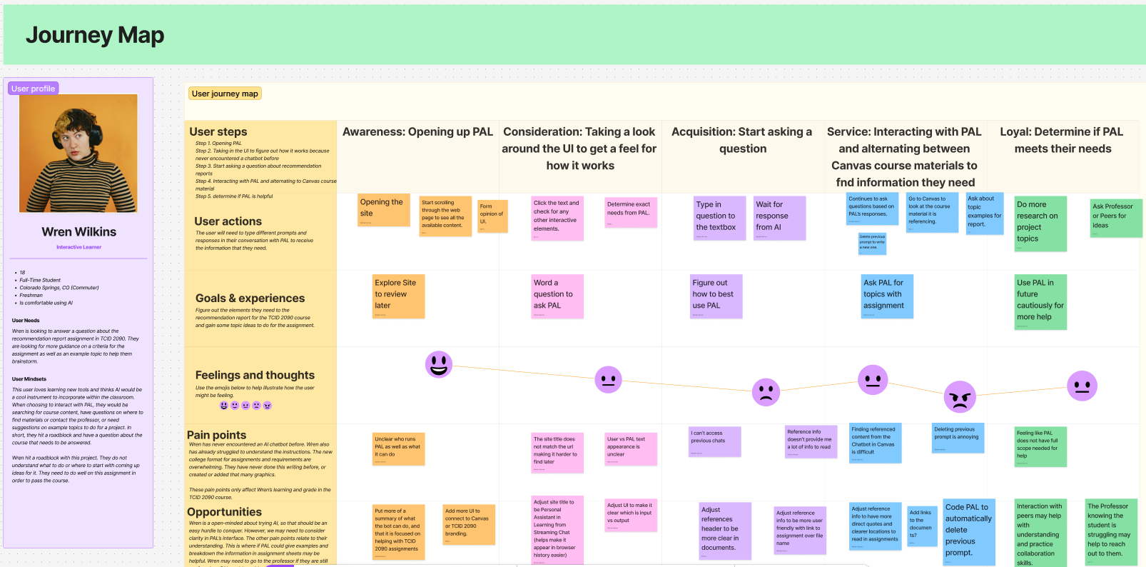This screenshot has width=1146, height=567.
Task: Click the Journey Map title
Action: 95,35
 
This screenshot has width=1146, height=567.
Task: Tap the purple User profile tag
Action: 33,89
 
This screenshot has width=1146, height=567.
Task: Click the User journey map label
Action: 225,94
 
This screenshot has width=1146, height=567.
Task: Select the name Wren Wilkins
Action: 78,232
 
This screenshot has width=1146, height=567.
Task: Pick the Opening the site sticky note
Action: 384,210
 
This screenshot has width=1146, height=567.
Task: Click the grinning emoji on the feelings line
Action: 439,364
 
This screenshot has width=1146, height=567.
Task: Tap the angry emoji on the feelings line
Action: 960,396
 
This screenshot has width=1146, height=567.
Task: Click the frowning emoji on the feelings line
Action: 766,391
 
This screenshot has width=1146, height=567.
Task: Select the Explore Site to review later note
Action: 398,296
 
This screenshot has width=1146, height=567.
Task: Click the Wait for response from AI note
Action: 779,218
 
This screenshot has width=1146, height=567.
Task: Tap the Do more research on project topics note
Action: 1040,224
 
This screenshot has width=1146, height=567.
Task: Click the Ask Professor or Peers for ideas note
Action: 1116,218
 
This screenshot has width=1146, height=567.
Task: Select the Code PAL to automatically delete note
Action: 968,532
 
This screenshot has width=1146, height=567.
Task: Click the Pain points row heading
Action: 216,435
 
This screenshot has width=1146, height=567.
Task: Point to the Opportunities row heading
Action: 224,512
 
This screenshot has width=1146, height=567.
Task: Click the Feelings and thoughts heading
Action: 255,375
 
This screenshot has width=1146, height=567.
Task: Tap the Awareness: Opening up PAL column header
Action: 417,132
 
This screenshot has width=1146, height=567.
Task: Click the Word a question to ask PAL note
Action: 557,296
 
